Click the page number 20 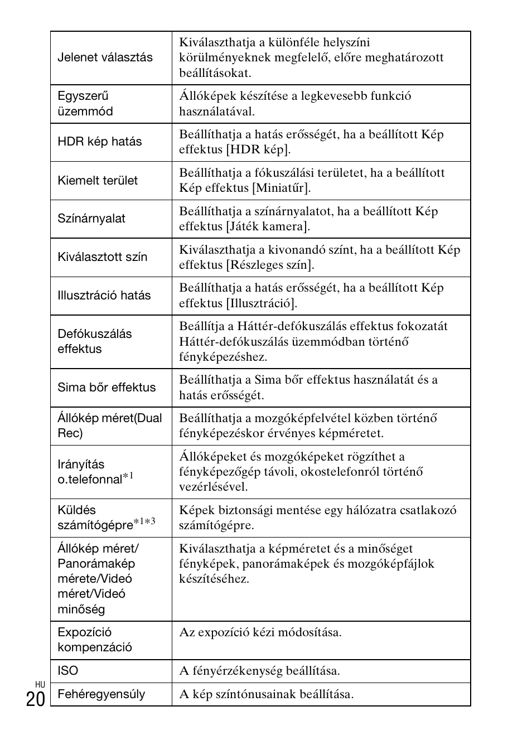35,699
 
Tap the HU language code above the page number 40,684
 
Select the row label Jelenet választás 105,57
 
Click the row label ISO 68,671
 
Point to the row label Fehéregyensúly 101,694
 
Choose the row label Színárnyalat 91,219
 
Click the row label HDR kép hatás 100,142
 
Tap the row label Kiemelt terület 98,180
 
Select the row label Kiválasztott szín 103,257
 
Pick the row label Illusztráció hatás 104,296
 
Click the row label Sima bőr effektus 107,388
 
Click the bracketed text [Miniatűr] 281,188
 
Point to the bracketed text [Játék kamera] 268,226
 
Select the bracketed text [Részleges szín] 270,265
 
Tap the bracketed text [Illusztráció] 262,303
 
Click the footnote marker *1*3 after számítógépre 144,522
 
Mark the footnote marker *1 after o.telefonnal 128,476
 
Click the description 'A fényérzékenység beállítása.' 259,671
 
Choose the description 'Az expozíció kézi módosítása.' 260,632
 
